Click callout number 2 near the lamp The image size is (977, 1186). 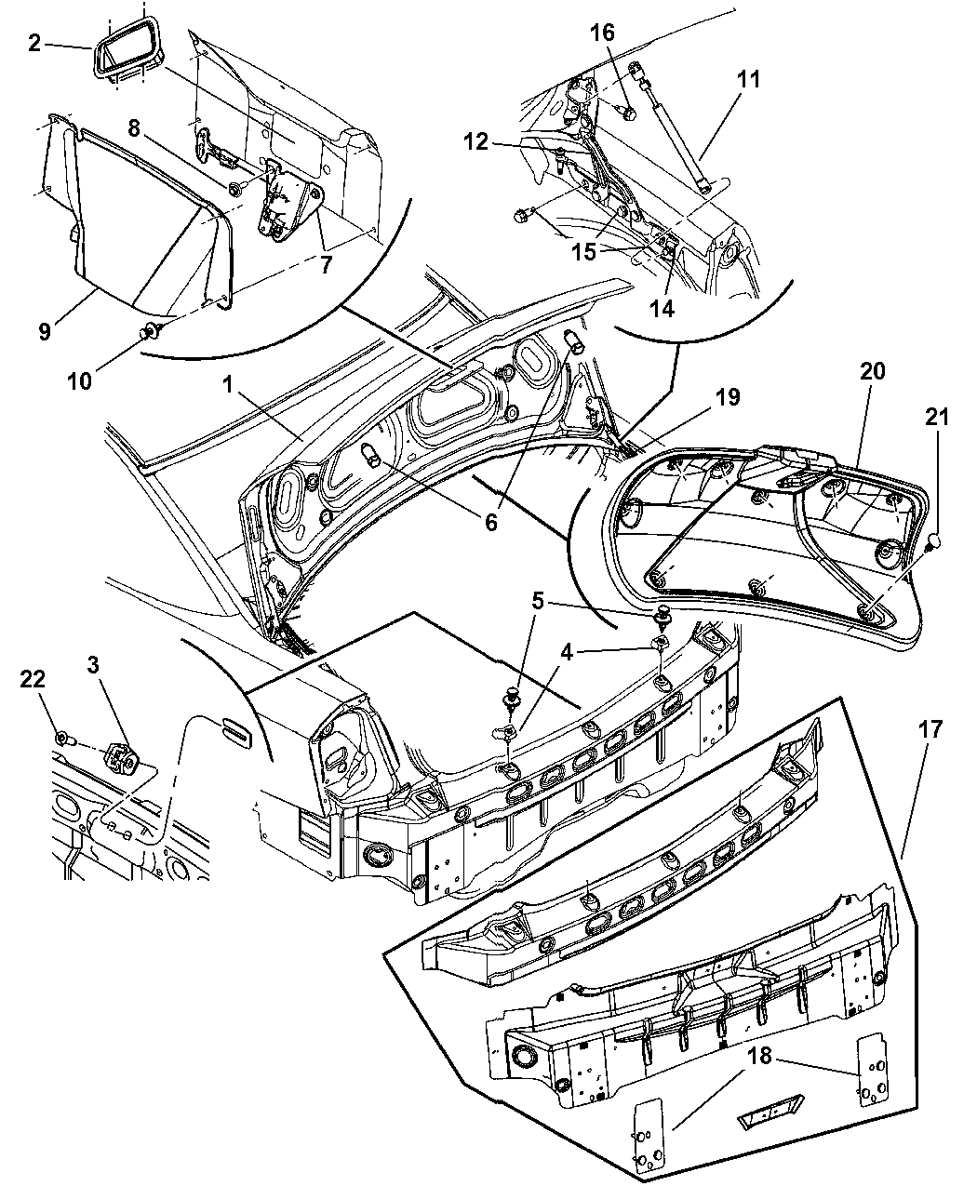tap(34, 43)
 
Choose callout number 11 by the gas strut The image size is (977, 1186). tap(748, 80)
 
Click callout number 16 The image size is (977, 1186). tap(602, 33)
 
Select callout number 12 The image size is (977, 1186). tap(475, 142)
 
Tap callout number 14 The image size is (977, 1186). tap(662, 309)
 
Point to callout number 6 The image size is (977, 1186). tap(490, 522)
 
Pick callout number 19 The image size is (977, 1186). tap(728, 397)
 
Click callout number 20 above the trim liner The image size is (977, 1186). tap(872, 371)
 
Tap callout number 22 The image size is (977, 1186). tap(33, 681)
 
